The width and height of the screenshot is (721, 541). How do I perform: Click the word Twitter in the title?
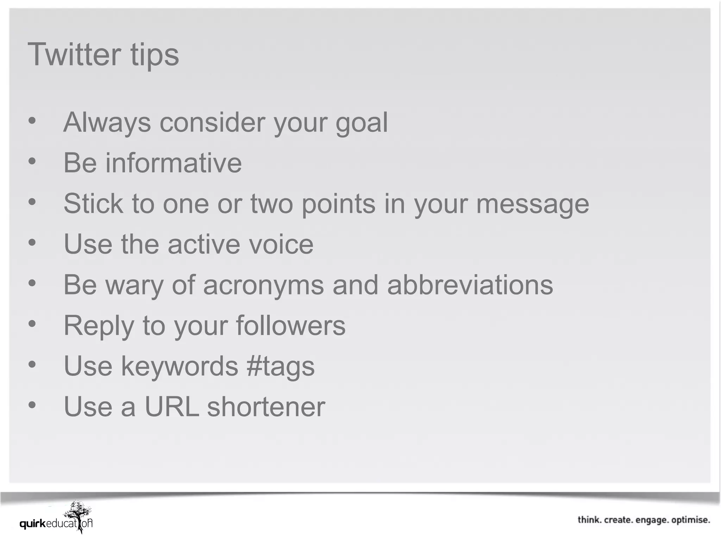click(x=74, y=55)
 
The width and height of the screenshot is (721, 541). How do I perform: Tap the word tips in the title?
click(x=155, y=56)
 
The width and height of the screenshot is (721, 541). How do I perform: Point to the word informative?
click(x=174, y=163)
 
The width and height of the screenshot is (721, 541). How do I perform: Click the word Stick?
click(x=93, y=204)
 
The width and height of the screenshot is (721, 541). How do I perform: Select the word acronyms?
click(x=263, y=286)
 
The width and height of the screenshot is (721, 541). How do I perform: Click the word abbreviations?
click(x=470, y=285)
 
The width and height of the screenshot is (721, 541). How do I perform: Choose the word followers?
click(x=291, y=326)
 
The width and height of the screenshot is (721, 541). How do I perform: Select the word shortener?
click(x=266, y=407)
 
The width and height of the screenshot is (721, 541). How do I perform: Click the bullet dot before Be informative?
click(x=32, y=162)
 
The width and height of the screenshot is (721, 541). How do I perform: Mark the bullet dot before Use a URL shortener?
click(x=32, y=405)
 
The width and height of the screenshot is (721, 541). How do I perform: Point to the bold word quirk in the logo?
click(x=33, y=524)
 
